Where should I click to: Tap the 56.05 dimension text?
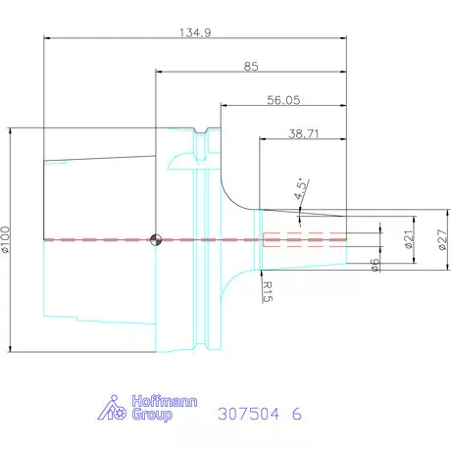click(284, 99)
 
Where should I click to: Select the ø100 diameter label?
click(6, 239)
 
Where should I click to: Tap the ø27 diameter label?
click(442, 238)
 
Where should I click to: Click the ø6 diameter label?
click(376, 266)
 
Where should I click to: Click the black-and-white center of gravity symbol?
click(155, 238)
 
